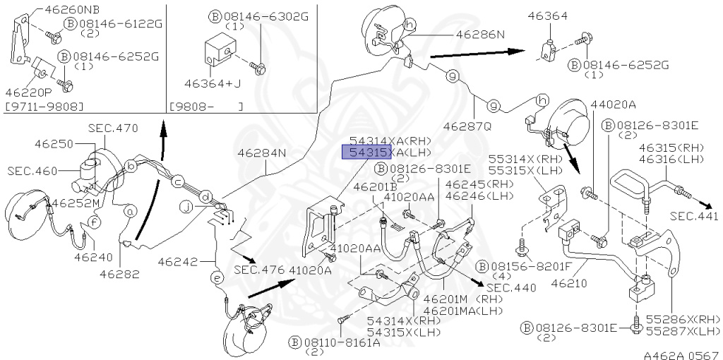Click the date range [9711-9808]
[44, 107]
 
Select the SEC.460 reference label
[32, 171]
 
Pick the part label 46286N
[481, 34]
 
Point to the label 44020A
[613, 104]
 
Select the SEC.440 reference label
[511, 288]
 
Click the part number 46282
[119, 275]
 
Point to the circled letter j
[186, 208]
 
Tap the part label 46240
[91, 257]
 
